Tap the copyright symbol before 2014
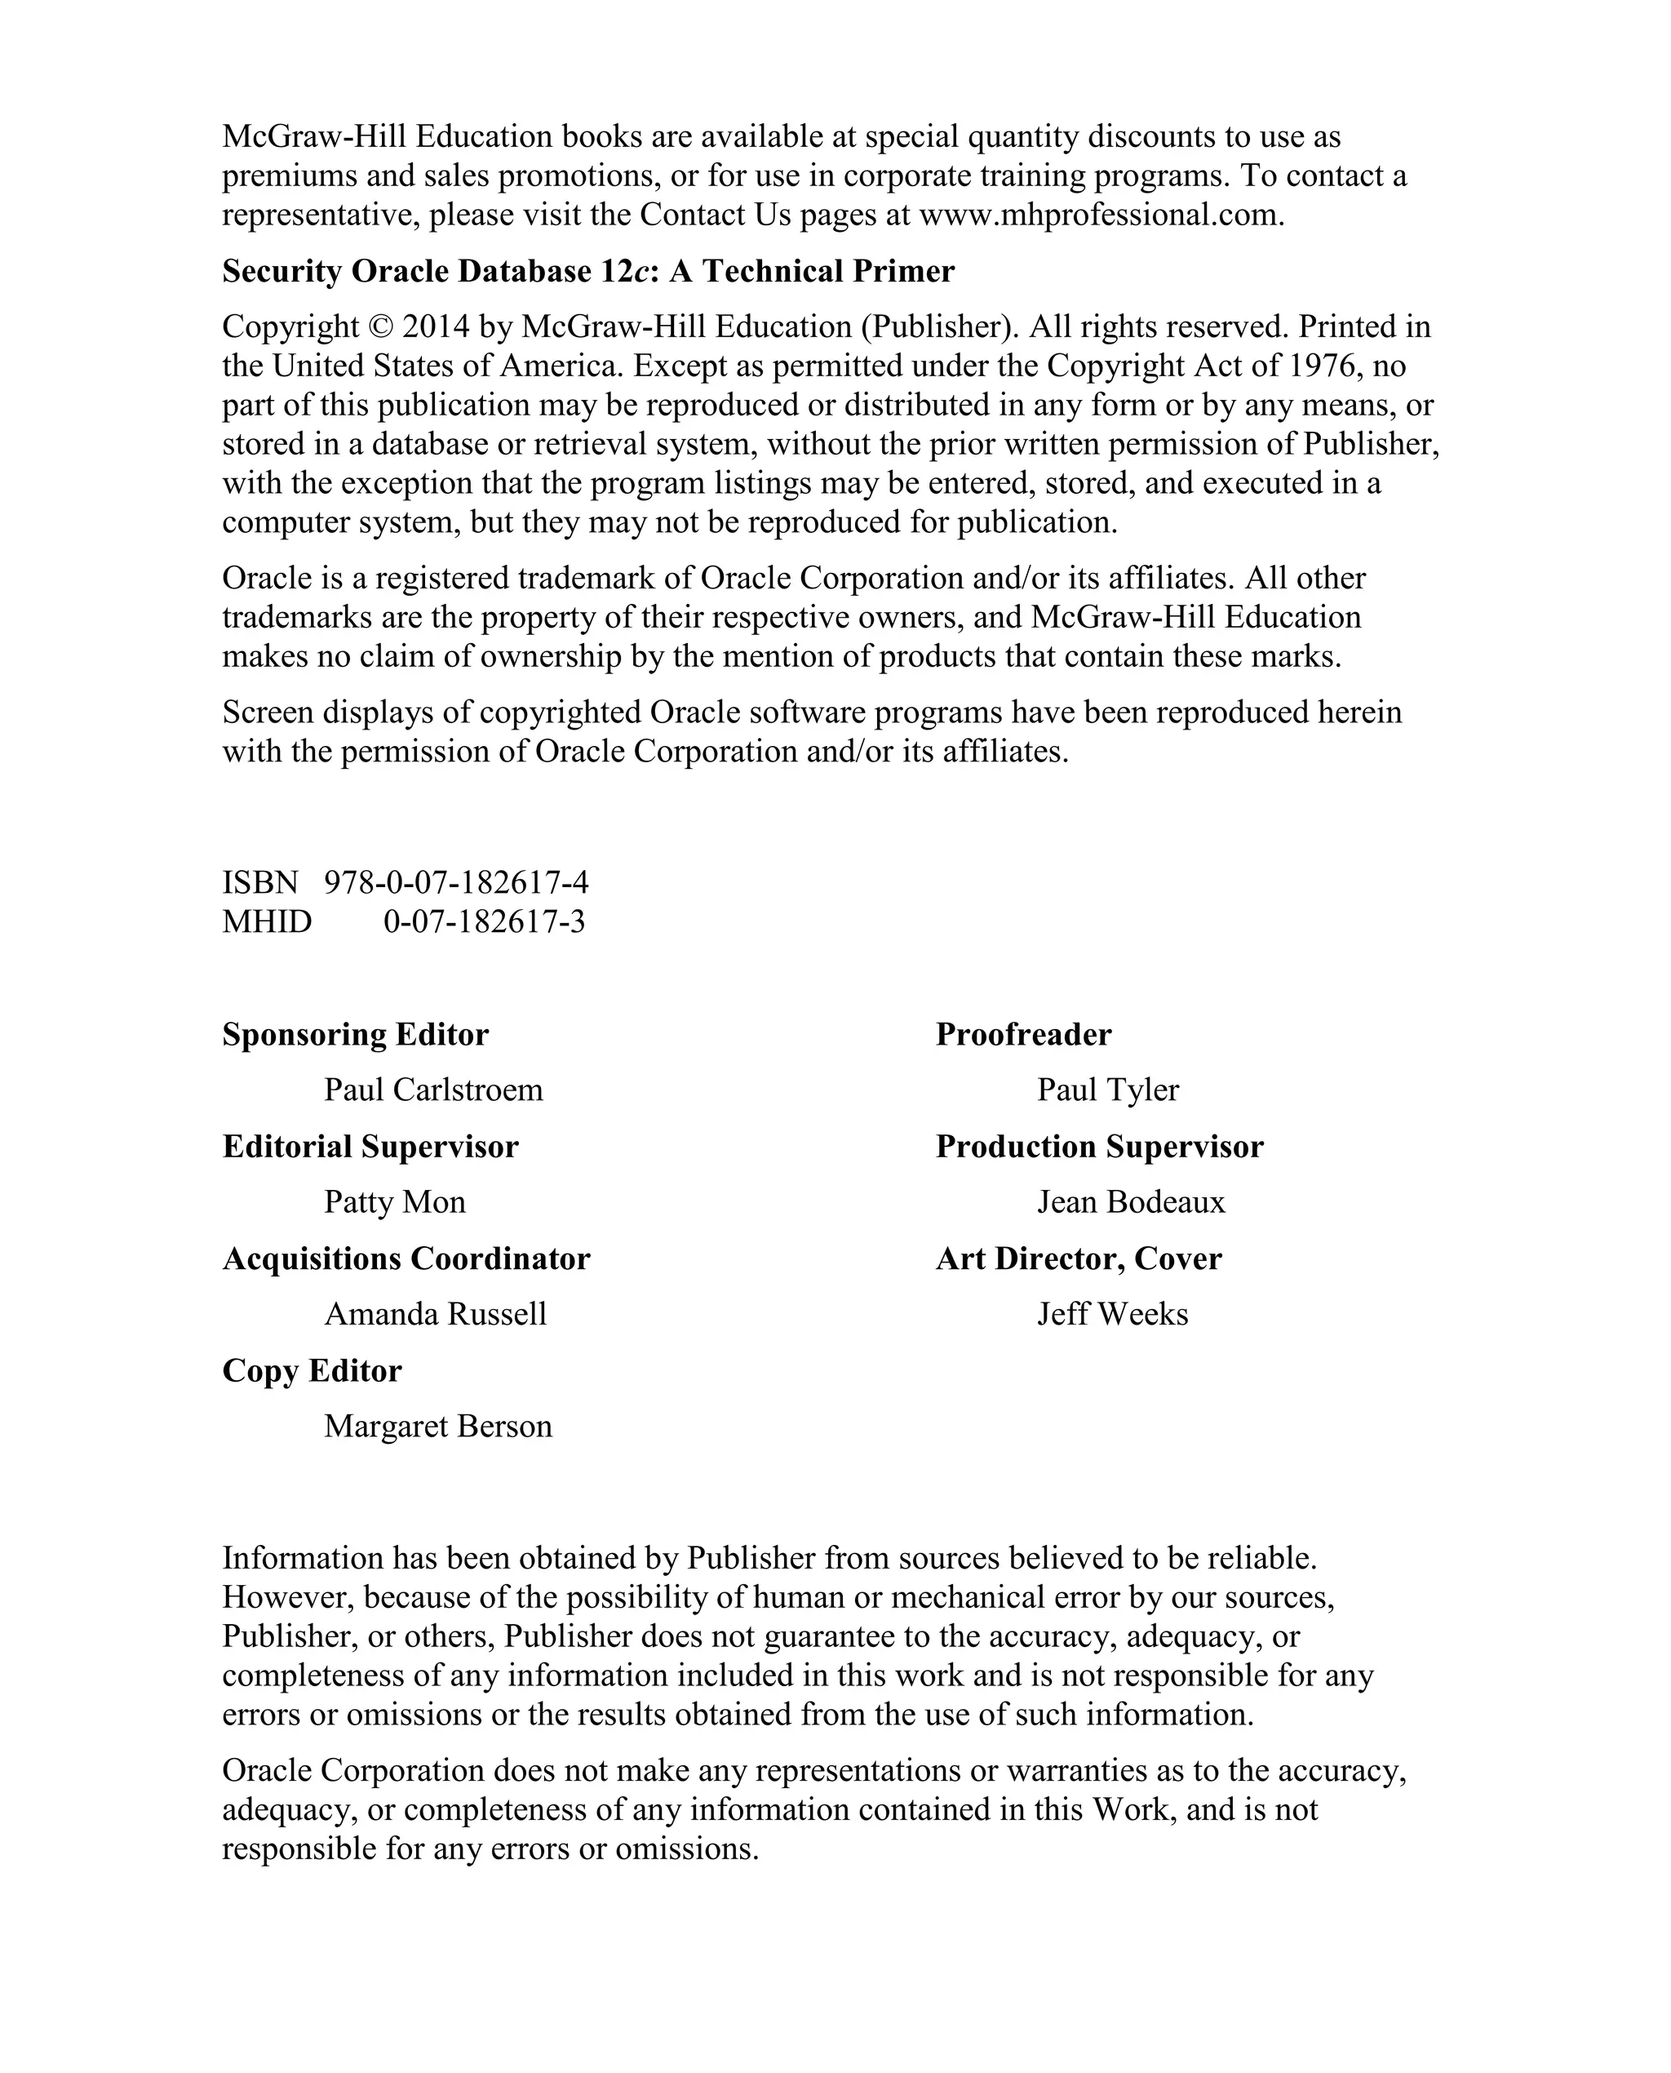pyautogui.click(x=380, y=327)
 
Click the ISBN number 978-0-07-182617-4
pyautogui.click(x=456, y=882)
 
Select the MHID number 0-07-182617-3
pyautogui.click(x=484, y=921)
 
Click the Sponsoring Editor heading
pyautogui.click(x=355, y=1034)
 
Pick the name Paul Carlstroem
pyautogui.click(x=433, y=1090)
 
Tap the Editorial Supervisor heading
pyautogui.click(x=370, y=1147)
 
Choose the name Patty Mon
pyautogui.click(x=395, y=1203)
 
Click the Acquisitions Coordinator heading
pyautogui.click(x=406, y=1258)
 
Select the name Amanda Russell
pyautogui.click(x=435, y=1314)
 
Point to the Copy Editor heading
pyautogui.click(x=312, y=1371)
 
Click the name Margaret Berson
pyautogui.click(x=438, y=1426)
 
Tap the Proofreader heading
pyautogui.click(x=1023, y=1034)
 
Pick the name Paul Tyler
pyautogui.click(x=1108, y=1090)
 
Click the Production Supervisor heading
pyautogui.click(x=1099, y=1147)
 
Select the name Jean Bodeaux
pyautogui.click(x=1131, y=1203)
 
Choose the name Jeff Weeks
pyautogui.click(x=1113, y=1314)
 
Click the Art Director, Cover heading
pyautogui.click(x=1078, y=1258)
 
